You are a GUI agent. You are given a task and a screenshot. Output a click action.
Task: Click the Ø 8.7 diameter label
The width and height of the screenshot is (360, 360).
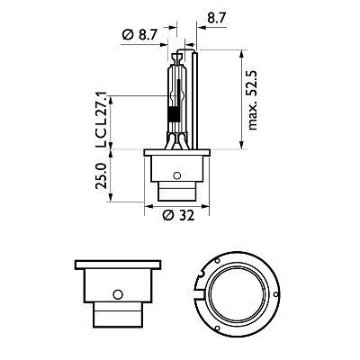143,35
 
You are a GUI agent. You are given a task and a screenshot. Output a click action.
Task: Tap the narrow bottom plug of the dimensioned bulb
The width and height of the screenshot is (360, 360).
179,192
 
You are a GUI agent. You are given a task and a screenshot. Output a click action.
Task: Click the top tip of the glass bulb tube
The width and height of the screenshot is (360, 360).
175,49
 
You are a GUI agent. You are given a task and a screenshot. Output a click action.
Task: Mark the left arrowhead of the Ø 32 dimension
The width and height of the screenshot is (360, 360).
147,206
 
